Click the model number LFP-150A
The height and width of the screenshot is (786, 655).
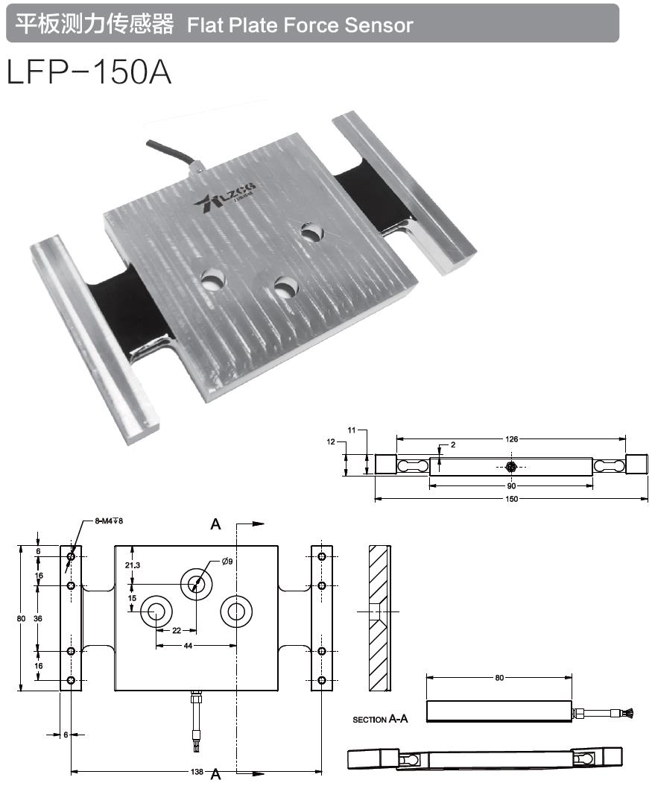pyautogui.click(x=89, y=72)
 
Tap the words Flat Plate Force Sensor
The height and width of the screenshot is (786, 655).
pyautogui.click(x=300, y=25)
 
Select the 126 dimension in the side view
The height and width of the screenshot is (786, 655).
pyautogui.click(x=511, y=439)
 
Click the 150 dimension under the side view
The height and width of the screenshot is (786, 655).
pyautogui.click(x=511, y=498)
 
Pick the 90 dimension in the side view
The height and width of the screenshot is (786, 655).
pyautogui.click(x=511, y=486)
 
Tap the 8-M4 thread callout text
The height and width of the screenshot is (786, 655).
pyautogui.click(x=108, y=521)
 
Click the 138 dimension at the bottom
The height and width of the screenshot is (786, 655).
pyautogui.click(x=196, y=771)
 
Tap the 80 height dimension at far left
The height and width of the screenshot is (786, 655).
pyautogui.click(x=22, y=618)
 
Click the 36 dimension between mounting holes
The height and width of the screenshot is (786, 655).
pyautogui.click(x=38, y=618)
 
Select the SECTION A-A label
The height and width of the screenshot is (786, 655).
pyautogui.click(x=380, y=720)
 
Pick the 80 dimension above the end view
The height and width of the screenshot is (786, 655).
pyautogui.click(x=499, y=678)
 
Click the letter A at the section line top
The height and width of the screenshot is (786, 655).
pyautogui.click(x=216, y=524)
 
